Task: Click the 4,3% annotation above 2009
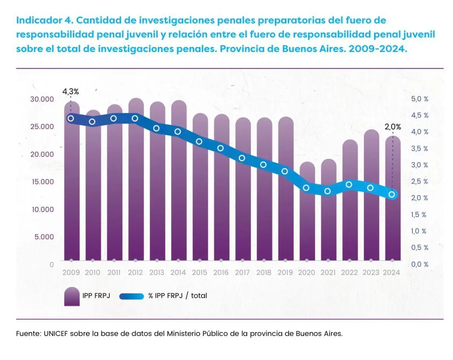click(70, 92)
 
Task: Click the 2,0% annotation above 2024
click(393, 127)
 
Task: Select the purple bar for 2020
click(307, 217)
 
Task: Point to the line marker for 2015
click(199, 141)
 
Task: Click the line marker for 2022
click(349, 184)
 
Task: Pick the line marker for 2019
click(285, 171)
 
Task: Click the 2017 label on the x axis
click(242, 272)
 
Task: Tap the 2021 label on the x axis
click(328, 272)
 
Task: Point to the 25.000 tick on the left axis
click(41, 126)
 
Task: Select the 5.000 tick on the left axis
click(44, 236)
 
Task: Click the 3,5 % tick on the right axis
click(420, 148)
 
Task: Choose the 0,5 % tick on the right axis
click(420, 248)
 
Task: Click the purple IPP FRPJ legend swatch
click(72, 296)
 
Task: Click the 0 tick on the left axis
click(51, 264)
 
